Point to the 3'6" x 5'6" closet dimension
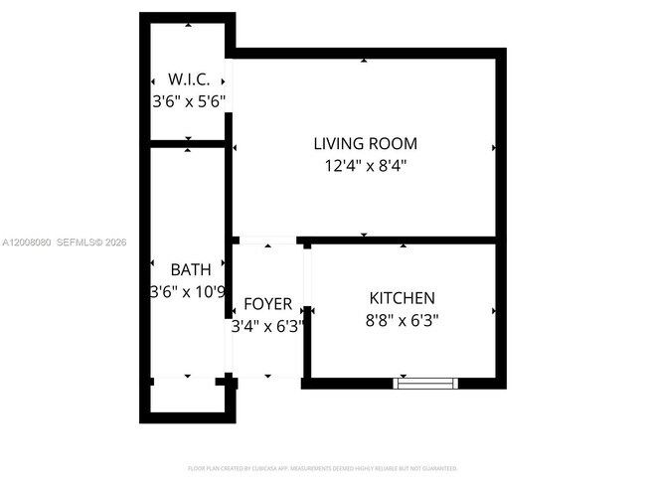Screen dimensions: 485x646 tap(189, 101)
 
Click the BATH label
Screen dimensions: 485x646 tap(190, 269)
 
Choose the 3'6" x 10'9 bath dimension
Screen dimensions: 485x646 tap(189, 292)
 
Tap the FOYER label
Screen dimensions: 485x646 tap(267, 303)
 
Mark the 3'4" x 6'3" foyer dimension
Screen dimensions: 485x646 tap(267, 325)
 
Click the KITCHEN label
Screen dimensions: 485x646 tap(402, 298)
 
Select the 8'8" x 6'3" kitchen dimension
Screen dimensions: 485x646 tap(402, 320)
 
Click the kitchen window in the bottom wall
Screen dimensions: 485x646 tap(425, 382)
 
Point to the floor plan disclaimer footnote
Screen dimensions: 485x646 tap(322, 466)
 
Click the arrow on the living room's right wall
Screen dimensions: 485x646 tap(493, 148)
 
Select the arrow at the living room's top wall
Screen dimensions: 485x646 tap(364, 61)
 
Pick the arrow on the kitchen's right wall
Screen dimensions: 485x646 tap(493, 311)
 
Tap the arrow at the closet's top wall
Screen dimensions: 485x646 tap(188, 26)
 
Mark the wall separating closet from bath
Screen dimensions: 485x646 tap(188, 144)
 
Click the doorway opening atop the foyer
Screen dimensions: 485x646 tap(267, 240)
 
